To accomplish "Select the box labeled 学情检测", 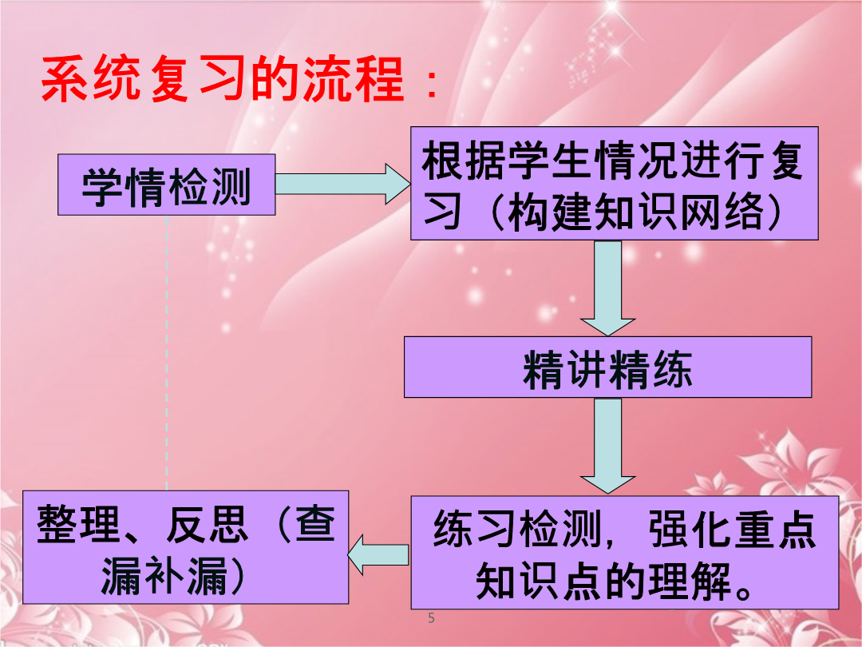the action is point(167,185).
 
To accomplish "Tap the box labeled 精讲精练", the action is point(607,367).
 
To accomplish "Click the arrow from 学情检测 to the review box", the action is point(343,184).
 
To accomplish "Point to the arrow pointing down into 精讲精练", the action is point(607,288).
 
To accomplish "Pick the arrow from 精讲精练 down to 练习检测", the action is point(607,446).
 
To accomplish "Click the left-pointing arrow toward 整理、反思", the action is point(379,554).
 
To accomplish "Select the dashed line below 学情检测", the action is point(167,353).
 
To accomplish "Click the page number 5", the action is point(431,617).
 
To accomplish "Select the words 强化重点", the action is point(732,529).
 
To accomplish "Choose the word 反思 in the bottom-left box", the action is point(208,524).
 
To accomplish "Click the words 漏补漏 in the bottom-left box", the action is point(164,576).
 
